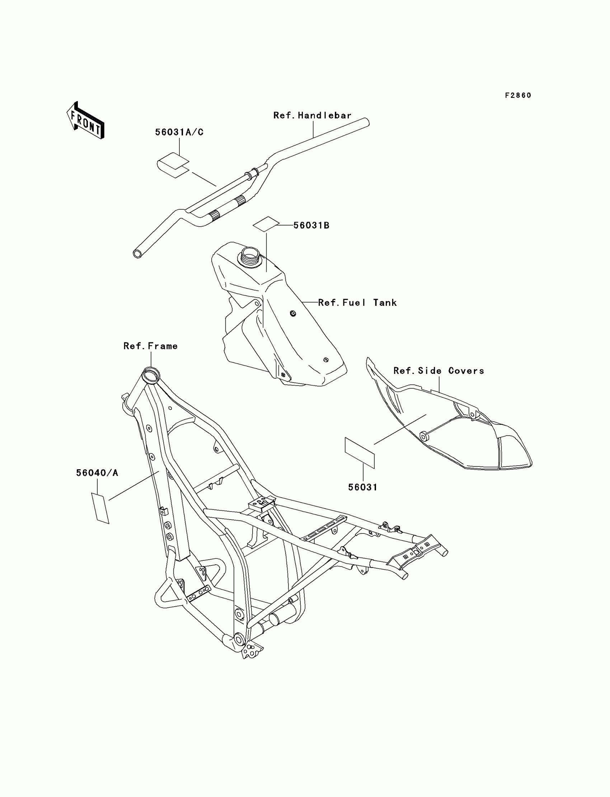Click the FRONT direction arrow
click(85, 121)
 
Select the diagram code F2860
click(518, 95)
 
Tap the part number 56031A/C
click(179, 132)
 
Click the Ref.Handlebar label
click(312, 115)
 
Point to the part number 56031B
click(311, 225)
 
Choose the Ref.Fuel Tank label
click(357, 303)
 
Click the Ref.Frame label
click(150, 346)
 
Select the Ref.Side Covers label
click(438, 371)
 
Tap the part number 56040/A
click(97, 473)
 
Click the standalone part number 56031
click(363, 487)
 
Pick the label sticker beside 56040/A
click(100, 508)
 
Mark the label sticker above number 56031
click(360, 453)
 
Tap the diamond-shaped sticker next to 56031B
click(266, 224)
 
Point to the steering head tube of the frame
click(150, 374)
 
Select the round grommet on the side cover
click(423, 436)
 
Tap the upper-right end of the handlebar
click(365, 122)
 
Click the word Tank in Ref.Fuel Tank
click(385, 303)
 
